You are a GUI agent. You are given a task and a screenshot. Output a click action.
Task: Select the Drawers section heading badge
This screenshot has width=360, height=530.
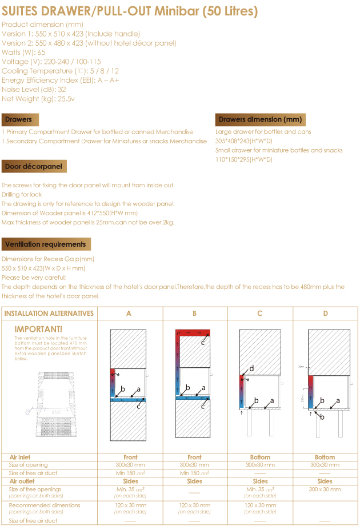19,119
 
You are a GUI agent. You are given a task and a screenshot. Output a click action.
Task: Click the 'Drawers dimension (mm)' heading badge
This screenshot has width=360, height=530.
260,119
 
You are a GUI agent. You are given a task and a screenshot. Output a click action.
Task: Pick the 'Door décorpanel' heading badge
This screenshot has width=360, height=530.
34,166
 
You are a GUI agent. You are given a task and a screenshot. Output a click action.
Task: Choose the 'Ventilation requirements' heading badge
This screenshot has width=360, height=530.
45,244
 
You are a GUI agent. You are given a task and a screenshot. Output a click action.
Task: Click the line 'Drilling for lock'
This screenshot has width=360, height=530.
22,194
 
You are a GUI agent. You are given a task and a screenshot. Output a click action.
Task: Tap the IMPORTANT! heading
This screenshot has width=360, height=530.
38,330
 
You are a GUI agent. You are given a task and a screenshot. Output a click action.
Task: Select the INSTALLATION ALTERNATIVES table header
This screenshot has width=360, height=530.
49,314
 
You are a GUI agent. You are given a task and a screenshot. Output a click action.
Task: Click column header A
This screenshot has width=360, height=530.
129,314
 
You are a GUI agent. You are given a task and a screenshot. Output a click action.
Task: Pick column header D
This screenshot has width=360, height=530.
325,314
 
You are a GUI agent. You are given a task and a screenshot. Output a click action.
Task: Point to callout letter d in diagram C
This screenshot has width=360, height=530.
251,368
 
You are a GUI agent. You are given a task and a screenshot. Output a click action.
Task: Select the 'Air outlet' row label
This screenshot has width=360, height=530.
22,481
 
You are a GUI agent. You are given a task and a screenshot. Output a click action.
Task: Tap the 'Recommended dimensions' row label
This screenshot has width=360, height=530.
45,505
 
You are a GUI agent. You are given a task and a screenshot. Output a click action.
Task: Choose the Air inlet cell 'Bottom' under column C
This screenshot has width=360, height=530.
260,457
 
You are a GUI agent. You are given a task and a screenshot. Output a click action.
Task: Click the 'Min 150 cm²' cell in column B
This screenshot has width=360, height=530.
194,473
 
